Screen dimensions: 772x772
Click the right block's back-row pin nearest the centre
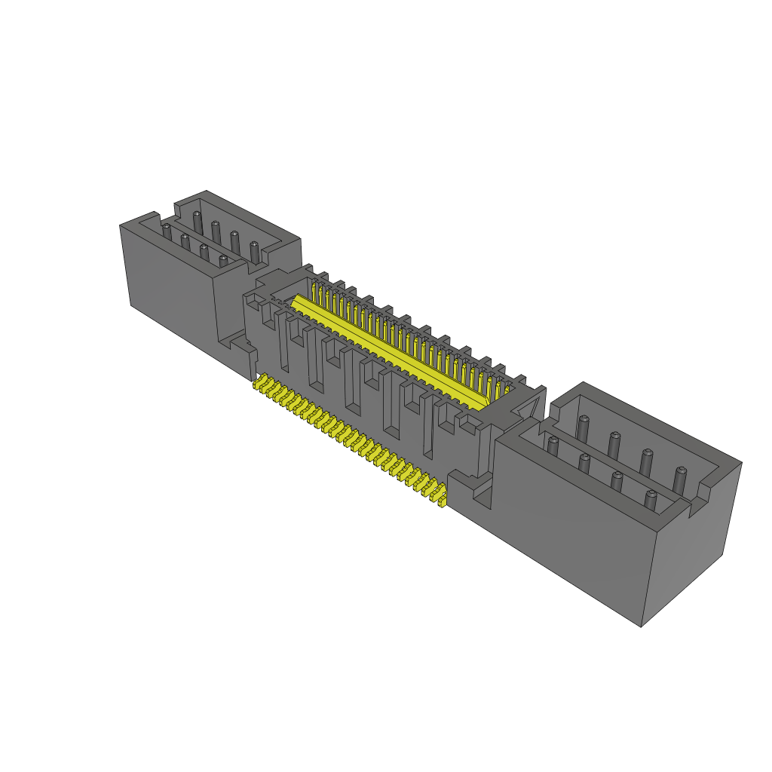click(582, 427)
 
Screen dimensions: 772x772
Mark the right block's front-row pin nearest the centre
click(553, 446)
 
